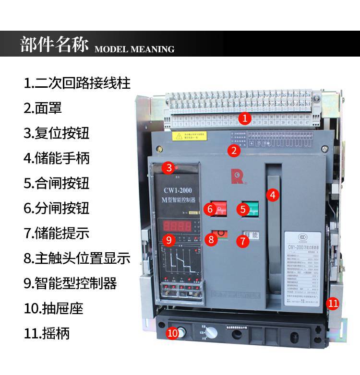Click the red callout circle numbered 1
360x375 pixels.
coord(245,118)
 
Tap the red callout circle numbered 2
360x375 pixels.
coord(234,151)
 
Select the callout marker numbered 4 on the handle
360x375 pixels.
coord(273,195)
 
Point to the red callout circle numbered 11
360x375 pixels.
coord(333,303)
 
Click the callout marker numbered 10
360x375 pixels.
coord(172,332)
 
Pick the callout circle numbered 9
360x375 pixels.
coord(168,238)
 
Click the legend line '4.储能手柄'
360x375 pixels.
coord(57,157)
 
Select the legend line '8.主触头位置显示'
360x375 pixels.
coord(77,258)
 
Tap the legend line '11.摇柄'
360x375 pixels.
coord(47,333)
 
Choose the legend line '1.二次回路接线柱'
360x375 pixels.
coord(77,82)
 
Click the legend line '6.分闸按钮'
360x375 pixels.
coord(57,208)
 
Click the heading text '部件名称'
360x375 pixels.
coord(54,45)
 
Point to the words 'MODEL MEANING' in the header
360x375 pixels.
coord(134,49)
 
